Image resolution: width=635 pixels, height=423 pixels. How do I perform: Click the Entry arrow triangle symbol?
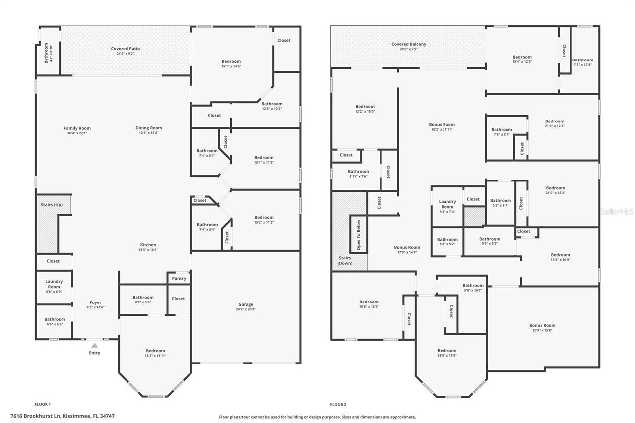pyautogui.click(x=94, y=345)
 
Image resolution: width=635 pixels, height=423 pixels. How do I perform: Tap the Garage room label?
pyautogui.click(x=246, y=304)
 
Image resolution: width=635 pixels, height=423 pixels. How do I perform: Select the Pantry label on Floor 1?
pyautogui.click(x=179, y=278)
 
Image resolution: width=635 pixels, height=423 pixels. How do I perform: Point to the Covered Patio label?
pyautogui.click(x=126, y=49)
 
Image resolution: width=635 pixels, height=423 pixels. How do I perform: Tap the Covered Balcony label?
pyautogui.click(x=409, y=44)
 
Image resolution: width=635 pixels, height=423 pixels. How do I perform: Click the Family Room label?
pyautogui.click(x=77, y=128)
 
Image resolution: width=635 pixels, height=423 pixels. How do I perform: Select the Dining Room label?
pyautogui.click(x=149, y=128)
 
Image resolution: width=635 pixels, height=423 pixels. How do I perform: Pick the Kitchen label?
pyautogui.click(x=148, y=245)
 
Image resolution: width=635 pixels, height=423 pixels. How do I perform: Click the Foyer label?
pyautogui.click(x=95, y=302)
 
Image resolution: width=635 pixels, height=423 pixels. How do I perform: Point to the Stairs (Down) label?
pyautogui.click(x=345, y=261)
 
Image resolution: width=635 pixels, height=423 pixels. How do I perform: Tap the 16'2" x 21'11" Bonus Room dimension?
pyautogui.click(x=442, y=130)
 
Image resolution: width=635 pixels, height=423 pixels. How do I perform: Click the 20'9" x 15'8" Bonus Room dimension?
pyautogui.click(x=542, y=331)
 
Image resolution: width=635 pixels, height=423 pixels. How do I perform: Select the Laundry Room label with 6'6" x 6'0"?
pyautogui.click(x=54, y=284)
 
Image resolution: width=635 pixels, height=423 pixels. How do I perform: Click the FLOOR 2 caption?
pyautogui.click(x=338, y=405)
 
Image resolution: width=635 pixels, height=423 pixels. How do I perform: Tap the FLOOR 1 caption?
pyautogui.click(x=42, y=405)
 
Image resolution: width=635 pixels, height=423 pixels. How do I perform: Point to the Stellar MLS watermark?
pyautogui.click(x=617, y=211)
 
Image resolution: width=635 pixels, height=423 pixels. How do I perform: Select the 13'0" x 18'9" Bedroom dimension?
pyautogui.click(x=447, y=356)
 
